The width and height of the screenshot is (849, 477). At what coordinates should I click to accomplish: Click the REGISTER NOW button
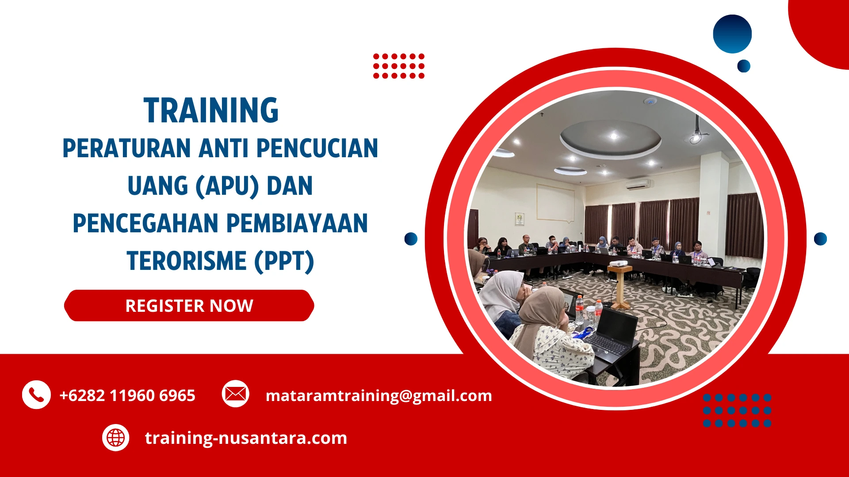point(189,306)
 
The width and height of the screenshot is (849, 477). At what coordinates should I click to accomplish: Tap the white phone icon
point(36,394)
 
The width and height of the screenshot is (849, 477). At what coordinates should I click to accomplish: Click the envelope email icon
point(235,394)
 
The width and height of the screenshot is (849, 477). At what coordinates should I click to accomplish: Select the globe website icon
point(115,438)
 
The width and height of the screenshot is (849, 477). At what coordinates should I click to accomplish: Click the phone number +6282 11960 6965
point(127,395)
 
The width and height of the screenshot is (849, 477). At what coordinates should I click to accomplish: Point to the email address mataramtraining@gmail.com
point(379,395)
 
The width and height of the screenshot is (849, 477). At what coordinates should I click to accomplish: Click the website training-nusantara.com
point(246,438)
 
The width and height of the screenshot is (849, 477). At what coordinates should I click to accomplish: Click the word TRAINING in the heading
point(211,110)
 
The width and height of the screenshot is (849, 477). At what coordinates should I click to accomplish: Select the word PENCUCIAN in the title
point(317,148)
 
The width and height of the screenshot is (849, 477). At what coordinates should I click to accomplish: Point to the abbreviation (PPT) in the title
point(284,261)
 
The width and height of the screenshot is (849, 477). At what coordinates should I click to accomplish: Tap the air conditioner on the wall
point(637,185)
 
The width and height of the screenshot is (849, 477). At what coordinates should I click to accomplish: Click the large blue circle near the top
point(732,34)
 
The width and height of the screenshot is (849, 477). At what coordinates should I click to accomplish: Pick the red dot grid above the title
point(398,66)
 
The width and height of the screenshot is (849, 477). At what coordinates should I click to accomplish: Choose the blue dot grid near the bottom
point(737,410)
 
